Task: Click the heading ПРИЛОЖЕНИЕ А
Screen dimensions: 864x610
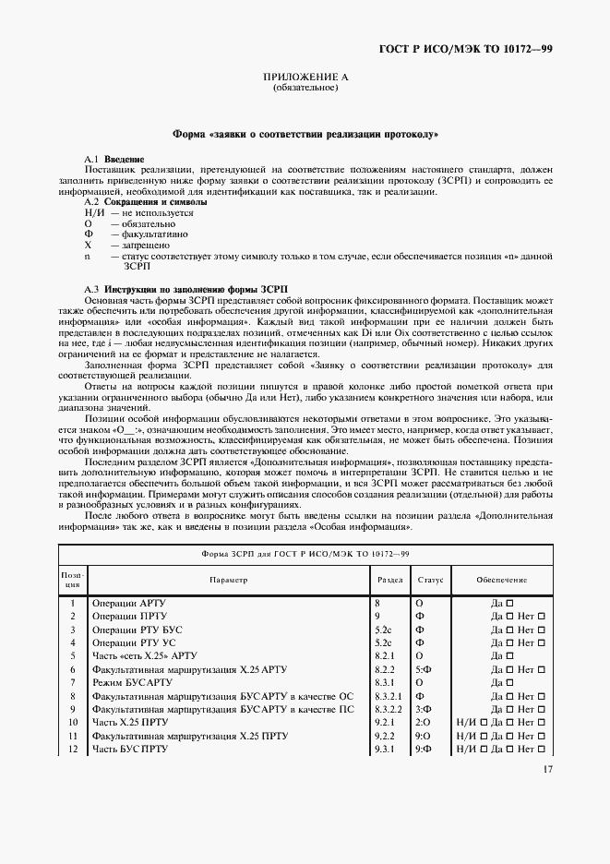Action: [x=305, y=78]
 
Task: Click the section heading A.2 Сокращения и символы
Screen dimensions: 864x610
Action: [x=141, y=201]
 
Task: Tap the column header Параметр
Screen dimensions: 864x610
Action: [x=228, y=580]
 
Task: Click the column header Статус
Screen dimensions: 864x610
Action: [x=430, y=580]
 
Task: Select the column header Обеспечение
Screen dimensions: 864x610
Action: [x=501, y=580]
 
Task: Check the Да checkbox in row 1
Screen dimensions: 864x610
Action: [x=509, y=603]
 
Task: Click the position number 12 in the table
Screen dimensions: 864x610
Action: [x=72, y=749]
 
